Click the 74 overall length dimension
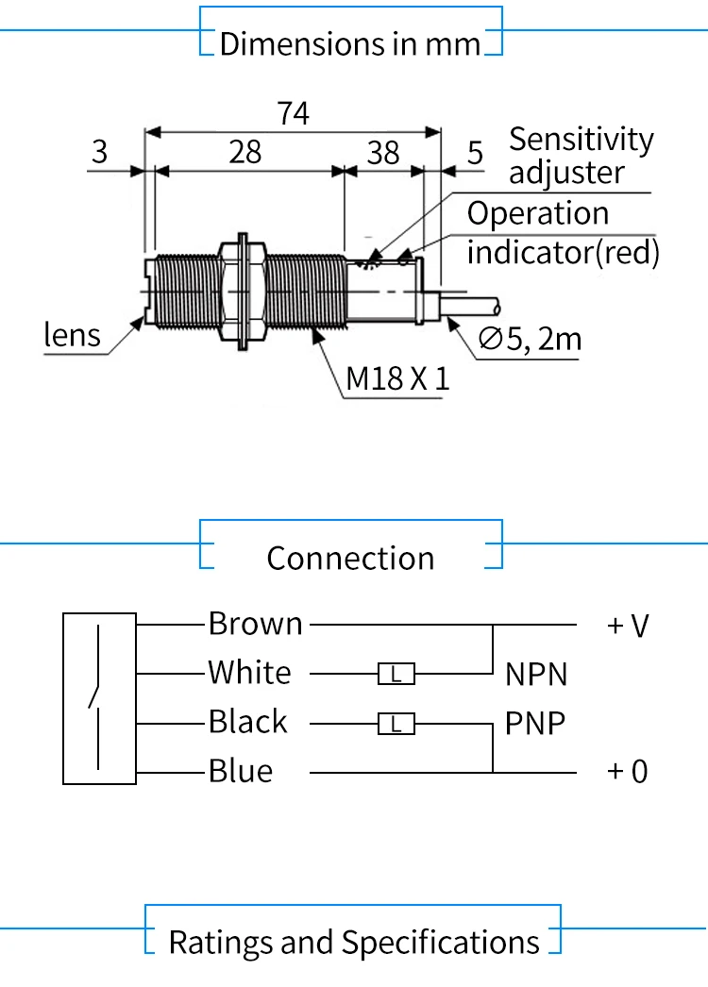[x=294, y=114]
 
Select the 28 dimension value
[x=245, y=152]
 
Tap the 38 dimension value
[x=383, y=153]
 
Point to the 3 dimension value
[x=100, y=152]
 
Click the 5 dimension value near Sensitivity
[x=475, y=153]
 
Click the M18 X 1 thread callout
[x=396, y=379]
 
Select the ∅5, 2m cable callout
[x=530, y=339]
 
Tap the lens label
[x=73, y=335]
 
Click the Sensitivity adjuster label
[x=581, y=156]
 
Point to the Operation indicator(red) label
[x=563, y=233]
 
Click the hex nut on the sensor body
[x=242, y=290]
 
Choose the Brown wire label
[x=256, y=624]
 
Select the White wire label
[x=250, y=673]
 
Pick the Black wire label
[x=247, y=722]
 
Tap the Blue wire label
[x=241, y=772]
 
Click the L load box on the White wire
[x=396, y=674]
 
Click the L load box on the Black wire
[x=396, y=724]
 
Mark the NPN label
[x=536, y=675]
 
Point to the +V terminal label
[x=628, y=626]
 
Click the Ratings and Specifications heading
[x=354, y=942]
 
